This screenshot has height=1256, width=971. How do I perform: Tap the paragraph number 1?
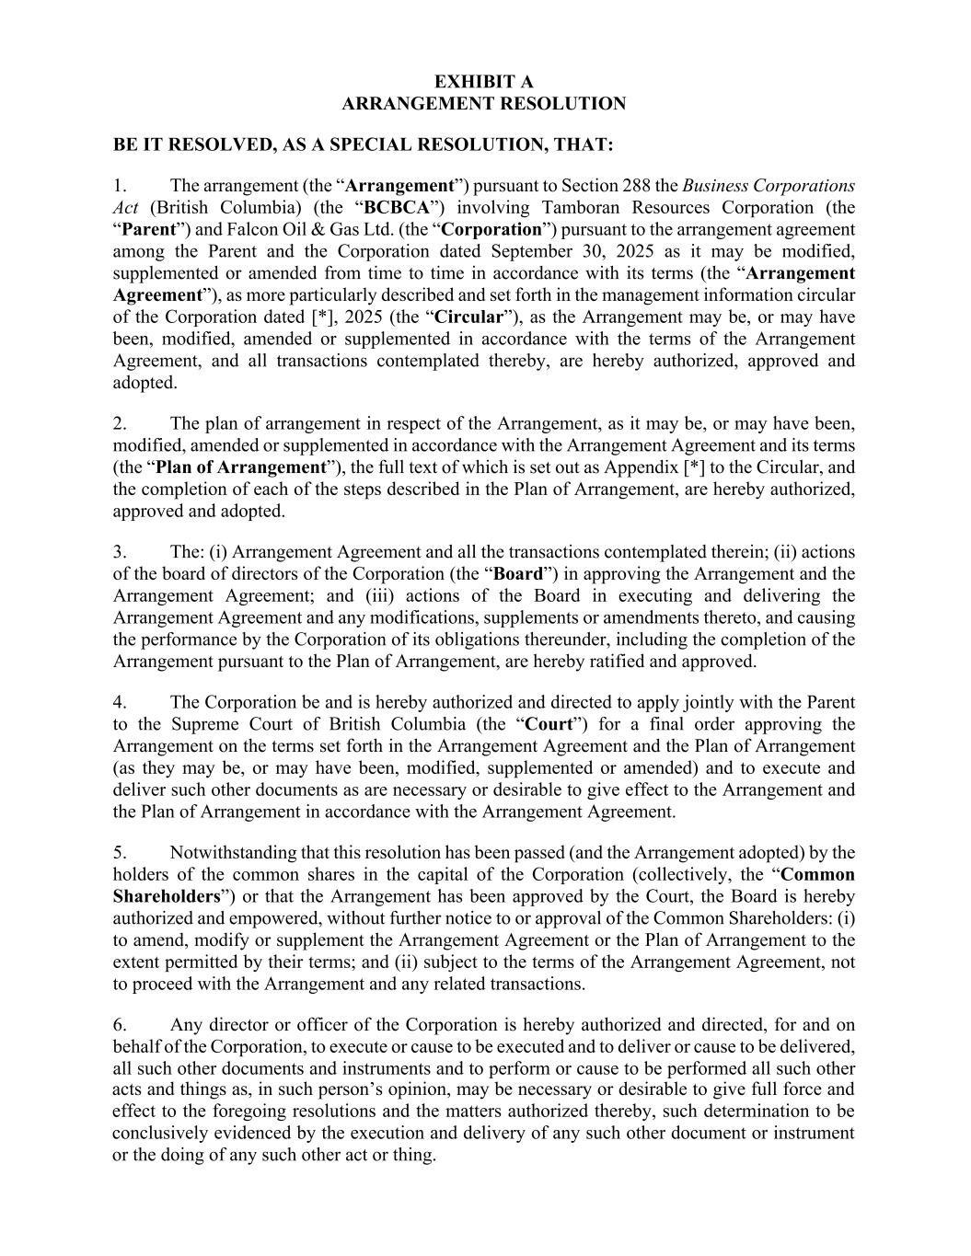pos(120,186)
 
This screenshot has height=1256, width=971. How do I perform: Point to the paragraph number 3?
pos(120,552)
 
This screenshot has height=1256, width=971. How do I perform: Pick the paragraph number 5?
pos(120,853)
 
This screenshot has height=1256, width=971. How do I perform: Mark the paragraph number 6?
pos(120,1025)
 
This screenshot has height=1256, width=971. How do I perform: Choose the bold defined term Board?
pos(519,574)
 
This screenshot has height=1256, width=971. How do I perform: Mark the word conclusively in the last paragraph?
pos(159,1134)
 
